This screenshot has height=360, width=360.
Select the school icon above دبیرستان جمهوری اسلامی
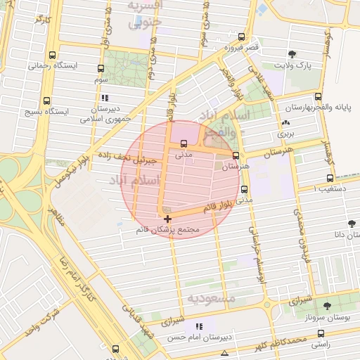pos(105,98)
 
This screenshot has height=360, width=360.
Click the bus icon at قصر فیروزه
pos(241,37)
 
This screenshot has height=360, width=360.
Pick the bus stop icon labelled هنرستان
pos(236,156)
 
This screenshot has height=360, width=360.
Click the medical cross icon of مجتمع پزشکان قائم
pos(167,220)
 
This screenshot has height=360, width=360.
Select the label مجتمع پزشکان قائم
pos(171,231)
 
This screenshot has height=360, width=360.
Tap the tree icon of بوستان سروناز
pos(327,306)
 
